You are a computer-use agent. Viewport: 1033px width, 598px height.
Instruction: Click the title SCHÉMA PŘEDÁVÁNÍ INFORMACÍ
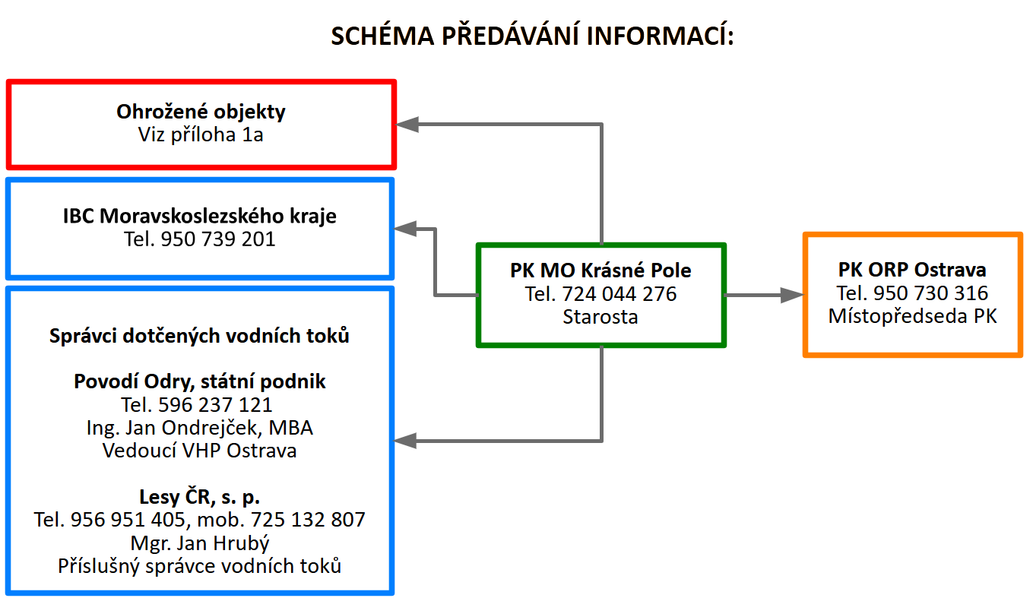[x=532, y=36]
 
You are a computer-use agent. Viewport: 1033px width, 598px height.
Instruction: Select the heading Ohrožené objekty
[x=201, y=112]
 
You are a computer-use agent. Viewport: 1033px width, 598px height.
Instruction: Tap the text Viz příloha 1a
[x=201, y=135]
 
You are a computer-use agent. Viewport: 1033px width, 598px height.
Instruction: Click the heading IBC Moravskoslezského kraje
[x=199, y=216]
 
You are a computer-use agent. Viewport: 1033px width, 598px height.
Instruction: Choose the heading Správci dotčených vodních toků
[x=199, y=335]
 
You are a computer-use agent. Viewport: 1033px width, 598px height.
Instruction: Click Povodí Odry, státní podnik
[x=199, y=381]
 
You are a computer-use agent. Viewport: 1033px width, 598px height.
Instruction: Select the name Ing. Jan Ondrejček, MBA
[x=199, y=428]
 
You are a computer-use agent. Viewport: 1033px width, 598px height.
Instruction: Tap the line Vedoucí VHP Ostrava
[x=199, y=451]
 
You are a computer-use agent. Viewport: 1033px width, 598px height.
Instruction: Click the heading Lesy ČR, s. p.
[x=199, y=497]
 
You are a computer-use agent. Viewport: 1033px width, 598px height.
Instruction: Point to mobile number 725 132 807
[x=312, y=520]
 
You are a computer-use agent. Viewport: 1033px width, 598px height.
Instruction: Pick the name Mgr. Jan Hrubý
[x=199, y=543]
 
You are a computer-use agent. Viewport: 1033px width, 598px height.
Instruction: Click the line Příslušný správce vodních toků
[x=199, y=566]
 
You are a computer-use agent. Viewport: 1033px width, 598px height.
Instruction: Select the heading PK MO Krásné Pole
[x=600, y=271]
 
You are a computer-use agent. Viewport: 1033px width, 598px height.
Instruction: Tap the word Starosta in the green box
[x=600, y=317]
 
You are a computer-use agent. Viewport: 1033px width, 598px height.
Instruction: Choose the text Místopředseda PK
[x=912, y=316]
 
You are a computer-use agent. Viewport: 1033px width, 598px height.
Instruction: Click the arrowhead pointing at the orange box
[x=793, y=296]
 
